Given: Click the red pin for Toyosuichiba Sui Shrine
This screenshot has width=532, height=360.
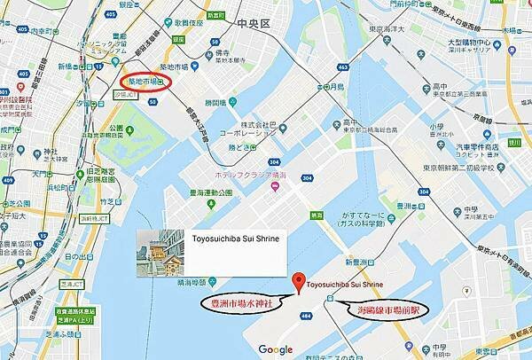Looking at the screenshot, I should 296,281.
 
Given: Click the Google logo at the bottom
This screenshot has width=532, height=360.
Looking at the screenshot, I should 276,349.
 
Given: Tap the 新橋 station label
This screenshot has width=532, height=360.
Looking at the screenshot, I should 70,67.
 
